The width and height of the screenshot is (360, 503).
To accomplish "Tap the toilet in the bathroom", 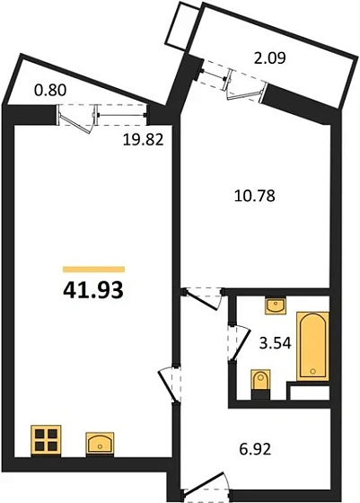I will [260, 382].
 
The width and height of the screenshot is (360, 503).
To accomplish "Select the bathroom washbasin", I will [276, 307].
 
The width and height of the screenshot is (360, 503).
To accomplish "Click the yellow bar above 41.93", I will [92, 268].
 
